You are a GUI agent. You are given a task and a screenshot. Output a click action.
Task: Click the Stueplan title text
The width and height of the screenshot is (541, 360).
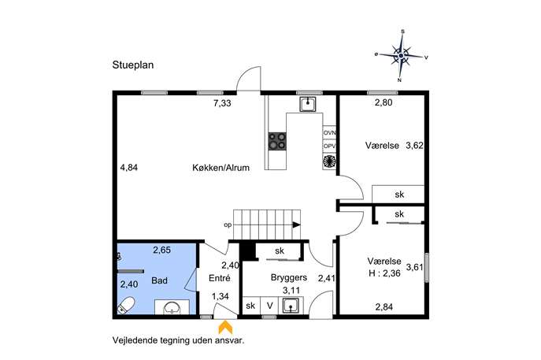pyautogui.click(x=133, y=65)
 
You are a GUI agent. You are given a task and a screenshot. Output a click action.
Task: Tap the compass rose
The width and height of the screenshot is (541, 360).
pyautogui.click(x=401, y=56)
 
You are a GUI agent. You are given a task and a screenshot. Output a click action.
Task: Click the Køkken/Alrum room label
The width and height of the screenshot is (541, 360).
pyautogui.click(x=220, y=168)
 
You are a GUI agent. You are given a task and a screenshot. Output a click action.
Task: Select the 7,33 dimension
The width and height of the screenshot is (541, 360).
pyautogui.click(x=222, y=103)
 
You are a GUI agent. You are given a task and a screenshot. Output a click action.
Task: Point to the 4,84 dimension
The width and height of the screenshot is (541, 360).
pyautogui.click(x=129, y=168)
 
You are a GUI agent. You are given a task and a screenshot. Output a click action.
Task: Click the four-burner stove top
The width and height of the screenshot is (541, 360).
pyautogui.click(x=277, y=141)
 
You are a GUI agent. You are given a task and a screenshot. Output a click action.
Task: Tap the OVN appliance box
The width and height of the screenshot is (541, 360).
pyautogui.click(x=329, y=132)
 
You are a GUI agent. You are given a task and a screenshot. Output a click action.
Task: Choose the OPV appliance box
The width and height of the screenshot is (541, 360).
pyautogui.click(x=329, y=146)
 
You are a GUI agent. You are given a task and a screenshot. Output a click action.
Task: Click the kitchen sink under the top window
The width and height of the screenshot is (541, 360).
pyautogui.click(x=307, y=104)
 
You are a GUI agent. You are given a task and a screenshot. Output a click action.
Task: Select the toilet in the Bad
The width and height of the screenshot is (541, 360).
pyautogui.click(x=126, y=305)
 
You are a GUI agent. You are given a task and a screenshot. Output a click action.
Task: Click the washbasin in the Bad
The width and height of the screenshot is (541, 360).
pyautogui.click(x=172, y=307)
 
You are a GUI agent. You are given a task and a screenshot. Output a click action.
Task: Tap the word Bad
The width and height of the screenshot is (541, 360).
pyautogui.click(x=159, y=280)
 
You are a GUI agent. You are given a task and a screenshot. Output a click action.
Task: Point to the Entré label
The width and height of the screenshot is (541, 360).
pyautogui.click(x=220, y=278)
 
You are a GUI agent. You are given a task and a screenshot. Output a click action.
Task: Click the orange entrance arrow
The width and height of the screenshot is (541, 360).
pyautogui.click(x=225, y=328)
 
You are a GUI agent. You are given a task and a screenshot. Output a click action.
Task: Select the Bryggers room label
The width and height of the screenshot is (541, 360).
pyautogui.click(x=289, y=277)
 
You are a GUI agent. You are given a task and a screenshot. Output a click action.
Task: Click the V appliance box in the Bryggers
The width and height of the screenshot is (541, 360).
pyautogui.click(x=270, y=306)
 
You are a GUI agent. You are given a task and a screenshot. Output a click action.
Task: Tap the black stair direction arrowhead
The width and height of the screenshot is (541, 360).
pyautogui.click(x=296, y=225)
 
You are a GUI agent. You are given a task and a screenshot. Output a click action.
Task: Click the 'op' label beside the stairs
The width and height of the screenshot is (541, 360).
pyautogui.click(x=228, y=225)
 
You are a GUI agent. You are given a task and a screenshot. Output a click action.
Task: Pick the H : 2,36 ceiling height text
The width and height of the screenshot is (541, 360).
pyautogui.click(x=384, y=273)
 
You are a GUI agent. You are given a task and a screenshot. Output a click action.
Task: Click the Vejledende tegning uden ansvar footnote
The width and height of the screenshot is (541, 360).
pyautogui.click(x=179, y=340)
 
